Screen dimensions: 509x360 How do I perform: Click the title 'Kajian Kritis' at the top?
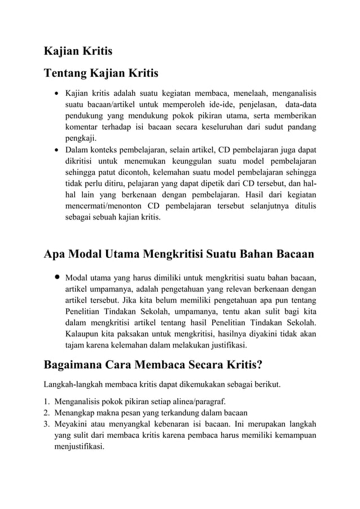coord(78,51)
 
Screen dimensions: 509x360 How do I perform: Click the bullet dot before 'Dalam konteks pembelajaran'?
coord(56,151)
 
